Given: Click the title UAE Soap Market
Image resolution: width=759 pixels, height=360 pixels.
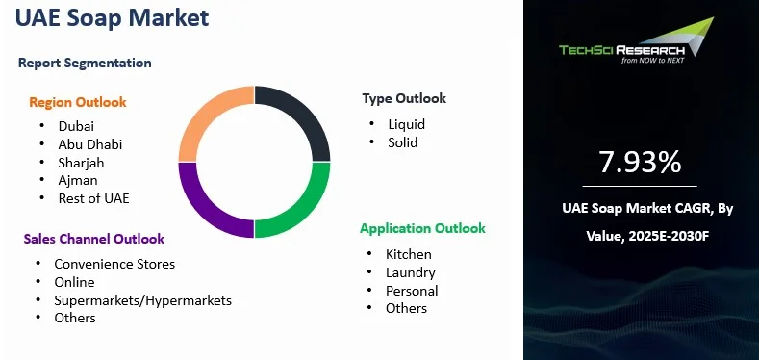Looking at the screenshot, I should tap(113, 19).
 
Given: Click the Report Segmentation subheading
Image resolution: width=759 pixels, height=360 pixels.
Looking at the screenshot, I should tap(85, 63).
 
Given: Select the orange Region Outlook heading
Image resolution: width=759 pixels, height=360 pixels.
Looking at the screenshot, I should tap(78, 102).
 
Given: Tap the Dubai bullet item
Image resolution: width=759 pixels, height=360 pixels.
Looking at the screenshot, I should tap(76, 126).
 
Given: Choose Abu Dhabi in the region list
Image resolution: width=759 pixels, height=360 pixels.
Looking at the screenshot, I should tap(90, 144).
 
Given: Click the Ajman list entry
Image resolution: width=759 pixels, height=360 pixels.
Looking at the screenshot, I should tap(78, 180).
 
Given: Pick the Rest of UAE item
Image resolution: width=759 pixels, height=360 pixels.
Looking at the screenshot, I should tap(93, 198).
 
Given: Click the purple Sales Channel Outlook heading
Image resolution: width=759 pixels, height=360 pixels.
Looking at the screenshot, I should tap(94, 239).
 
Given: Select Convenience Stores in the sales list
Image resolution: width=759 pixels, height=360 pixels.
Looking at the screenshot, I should tap(114, 264).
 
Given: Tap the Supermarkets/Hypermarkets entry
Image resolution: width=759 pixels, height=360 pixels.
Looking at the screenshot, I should tap(142, 300).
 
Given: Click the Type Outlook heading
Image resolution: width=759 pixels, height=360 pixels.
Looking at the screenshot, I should tap(404, 98).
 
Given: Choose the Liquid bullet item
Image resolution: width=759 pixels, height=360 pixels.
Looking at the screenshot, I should tap(406, 124).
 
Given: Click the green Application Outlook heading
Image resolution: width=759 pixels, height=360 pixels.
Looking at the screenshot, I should tap(422, 228).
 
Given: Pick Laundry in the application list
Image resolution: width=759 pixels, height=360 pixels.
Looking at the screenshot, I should tap(410, 272).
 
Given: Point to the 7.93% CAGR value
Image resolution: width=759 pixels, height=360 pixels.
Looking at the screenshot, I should tap(641, 163).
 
